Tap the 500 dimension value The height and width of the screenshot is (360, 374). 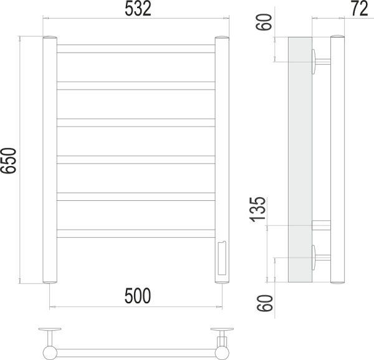[137, 296]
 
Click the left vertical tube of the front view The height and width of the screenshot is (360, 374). [49, 162]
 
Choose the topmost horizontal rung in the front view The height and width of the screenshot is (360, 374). [136, 48]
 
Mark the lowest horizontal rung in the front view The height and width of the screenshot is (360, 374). [136, 233]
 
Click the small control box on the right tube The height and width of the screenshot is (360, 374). [222, 258]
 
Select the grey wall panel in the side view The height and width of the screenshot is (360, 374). [300, 156]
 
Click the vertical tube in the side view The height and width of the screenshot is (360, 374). [337, 156]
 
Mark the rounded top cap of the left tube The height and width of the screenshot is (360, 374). [49, 39]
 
